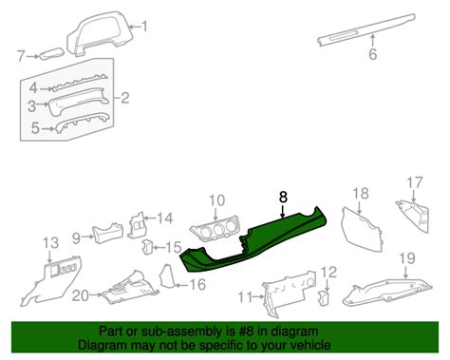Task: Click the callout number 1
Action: (x=144, y=28)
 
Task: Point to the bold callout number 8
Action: (x=282, y=198)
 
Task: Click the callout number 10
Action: (x=216, y=200)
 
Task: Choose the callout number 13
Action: (x=50, y=243)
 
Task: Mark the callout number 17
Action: (x=415, y=183)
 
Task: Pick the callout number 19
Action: (x=406, y=257)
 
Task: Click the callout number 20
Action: (x=81, y=296)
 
